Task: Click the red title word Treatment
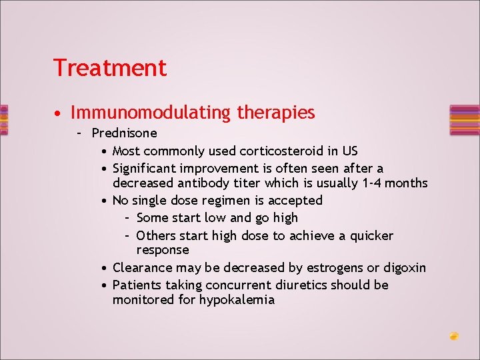point(110,67)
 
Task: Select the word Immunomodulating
point(150,113)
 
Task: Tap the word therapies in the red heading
point(276,113)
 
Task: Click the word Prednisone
point(124,133)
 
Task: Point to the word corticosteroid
point(281,151)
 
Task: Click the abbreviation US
point(350,151)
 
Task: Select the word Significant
point(144,169)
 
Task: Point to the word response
point(163,251)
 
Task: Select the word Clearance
point(143,267)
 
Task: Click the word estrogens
point(335,268)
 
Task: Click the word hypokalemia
point(237,300)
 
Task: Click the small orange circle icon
point(454,336)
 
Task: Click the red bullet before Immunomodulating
point(57,114)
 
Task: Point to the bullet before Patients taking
point(105,286)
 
